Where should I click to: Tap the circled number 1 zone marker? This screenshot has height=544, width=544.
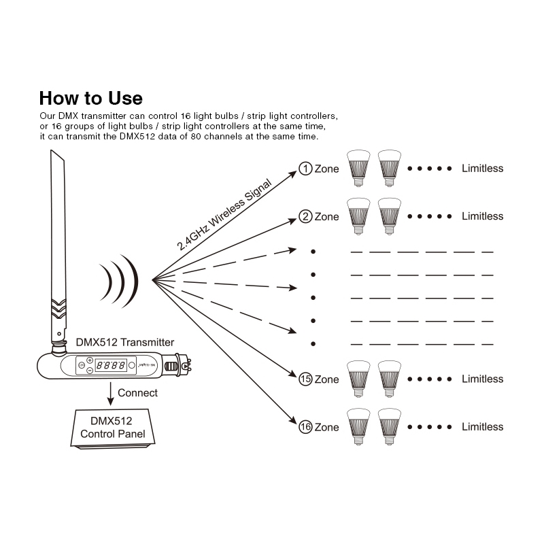coord(305,169)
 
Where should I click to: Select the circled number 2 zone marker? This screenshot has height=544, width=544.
coord(305,216)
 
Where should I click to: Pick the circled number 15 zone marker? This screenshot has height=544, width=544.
coord(305,379)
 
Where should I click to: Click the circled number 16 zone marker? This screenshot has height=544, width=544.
coord(305,427)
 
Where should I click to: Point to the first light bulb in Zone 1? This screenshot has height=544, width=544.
coord(358,167)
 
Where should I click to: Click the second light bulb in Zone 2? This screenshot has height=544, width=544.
coord(390,215)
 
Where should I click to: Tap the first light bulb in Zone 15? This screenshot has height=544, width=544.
coord(358,377)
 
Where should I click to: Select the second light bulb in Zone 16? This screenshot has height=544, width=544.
coord(390,426)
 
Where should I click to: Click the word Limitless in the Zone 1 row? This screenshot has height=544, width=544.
coord(482,168)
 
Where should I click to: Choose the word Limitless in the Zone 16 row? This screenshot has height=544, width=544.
coord(482,426)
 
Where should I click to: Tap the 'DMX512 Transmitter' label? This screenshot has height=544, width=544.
coord(124,342)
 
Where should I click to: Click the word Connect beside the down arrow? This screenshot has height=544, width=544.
coord(137,392)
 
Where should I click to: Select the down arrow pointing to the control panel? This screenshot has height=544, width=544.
coord(109,393)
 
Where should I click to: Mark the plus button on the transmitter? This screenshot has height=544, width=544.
coord(90,360)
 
